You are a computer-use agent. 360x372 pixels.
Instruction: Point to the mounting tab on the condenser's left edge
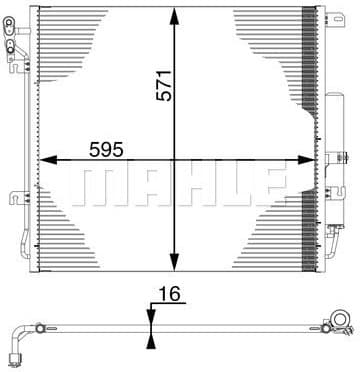pyautogui.click(x=14, y=197)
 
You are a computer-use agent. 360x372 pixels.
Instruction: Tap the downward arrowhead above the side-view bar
pyautogui.click(x=150, y=312)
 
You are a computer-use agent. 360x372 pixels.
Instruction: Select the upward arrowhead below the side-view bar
pyautogui.click(x=150, y=342)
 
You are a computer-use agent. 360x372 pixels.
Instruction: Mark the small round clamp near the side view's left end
pyautogui.click(x=40, y=327)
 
